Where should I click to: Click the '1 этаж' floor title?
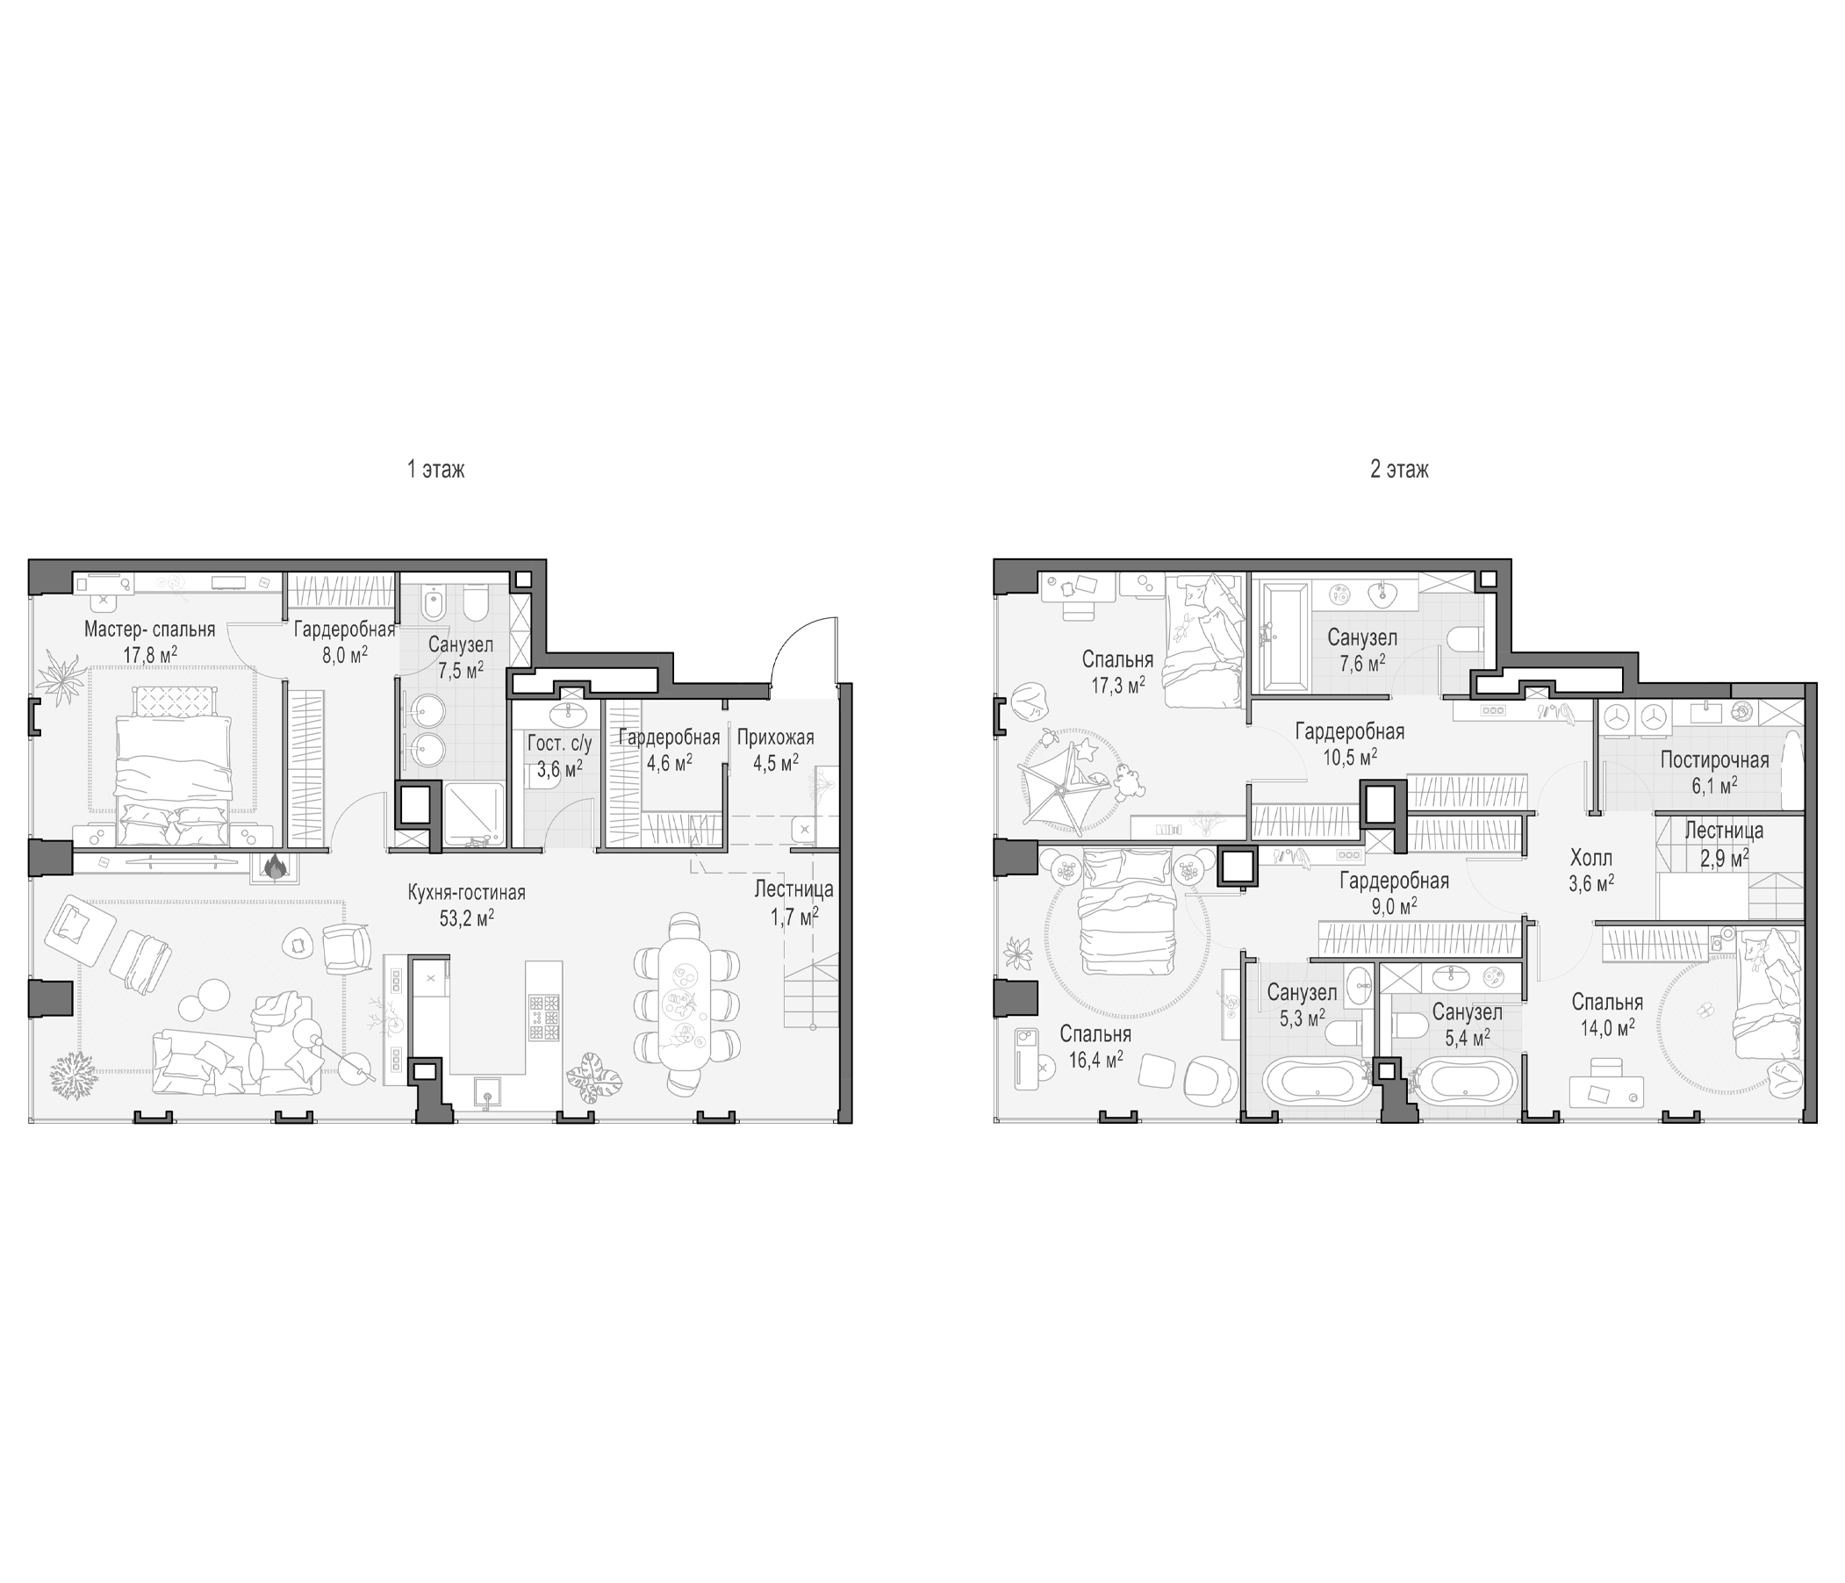pos(435,469)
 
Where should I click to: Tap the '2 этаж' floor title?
pos(1399,469)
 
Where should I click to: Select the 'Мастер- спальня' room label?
pos(149,630)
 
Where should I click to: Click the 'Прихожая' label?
pos(776,738)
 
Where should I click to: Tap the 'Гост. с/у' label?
pos(559,744)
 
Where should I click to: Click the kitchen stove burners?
pos(544,1018)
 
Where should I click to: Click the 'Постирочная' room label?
pos(1714,759)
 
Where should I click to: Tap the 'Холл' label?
pos(1591,859)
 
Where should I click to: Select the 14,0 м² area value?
pos(1606,1027)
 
